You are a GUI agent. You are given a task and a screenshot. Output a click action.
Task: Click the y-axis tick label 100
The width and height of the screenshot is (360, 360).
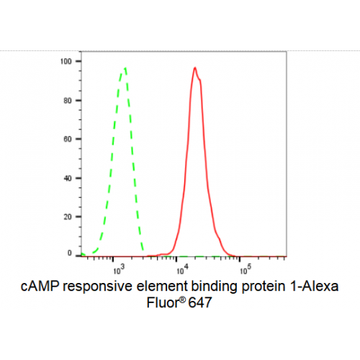[x=66, y=61]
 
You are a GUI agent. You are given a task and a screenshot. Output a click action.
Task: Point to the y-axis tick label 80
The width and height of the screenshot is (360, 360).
[x=68, y=101]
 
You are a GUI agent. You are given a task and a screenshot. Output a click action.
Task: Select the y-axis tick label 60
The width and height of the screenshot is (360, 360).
[x=68, y=139]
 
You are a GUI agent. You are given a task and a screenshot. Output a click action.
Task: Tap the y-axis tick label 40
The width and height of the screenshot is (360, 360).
[x=68, y=179]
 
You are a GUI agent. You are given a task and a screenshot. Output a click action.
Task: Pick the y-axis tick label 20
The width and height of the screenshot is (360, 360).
[x=68, y=217]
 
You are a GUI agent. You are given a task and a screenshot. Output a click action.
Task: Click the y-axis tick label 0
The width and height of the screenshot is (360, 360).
[x=70, y=253]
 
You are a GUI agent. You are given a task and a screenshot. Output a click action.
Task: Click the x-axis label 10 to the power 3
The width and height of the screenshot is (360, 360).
[x=119, y=269]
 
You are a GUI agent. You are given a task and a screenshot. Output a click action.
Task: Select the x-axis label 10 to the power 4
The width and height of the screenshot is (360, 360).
[x=182, y=269]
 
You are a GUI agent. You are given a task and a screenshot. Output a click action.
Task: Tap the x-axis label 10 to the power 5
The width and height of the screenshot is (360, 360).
[x=246, y=269]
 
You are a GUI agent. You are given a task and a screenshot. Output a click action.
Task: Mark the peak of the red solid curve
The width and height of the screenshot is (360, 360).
[x=195, y=68]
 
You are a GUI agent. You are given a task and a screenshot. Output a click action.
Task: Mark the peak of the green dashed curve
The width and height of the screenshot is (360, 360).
[x=125, y=68]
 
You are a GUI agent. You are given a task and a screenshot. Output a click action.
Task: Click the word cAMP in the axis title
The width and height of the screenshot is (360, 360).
[x=40, y=287]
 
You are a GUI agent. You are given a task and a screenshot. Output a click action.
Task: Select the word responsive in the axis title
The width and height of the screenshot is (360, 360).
[x=98, y=287]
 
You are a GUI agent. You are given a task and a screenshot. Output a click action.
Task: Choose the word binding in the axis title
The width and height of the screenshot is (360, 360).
[x=215, y=287]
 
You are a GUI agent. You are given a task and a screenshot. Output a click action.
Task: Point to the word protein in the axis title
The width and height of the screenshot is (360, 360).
[x=264, y=287]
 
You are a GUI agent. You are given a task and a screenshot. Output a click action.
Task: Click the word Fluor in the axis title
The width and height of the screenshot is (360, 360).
[x=163, y=302]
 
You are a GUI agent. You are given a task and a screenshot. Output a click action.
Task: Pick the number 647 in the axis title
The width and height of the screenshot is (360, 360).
[x=200, y=302]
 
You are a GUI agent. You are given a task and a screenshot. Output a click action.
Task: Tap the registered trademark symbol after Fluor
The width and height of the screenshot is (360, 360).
[x=182, y=300]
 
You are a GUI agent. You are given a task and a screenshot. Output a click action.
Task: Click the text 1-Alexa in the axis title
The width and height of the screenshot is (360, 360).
[x=314, y=287]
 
